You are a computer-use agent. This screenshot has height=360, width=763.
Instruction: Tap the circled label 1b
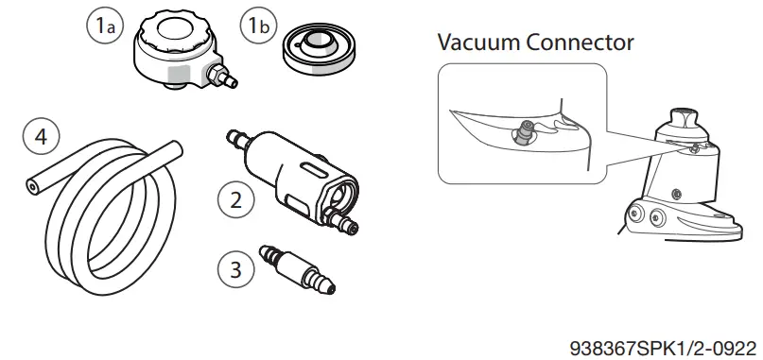(x=255, y=26)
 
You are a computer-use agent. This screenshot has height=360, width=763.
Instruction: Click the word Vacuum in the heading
(x=482, y=43)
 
